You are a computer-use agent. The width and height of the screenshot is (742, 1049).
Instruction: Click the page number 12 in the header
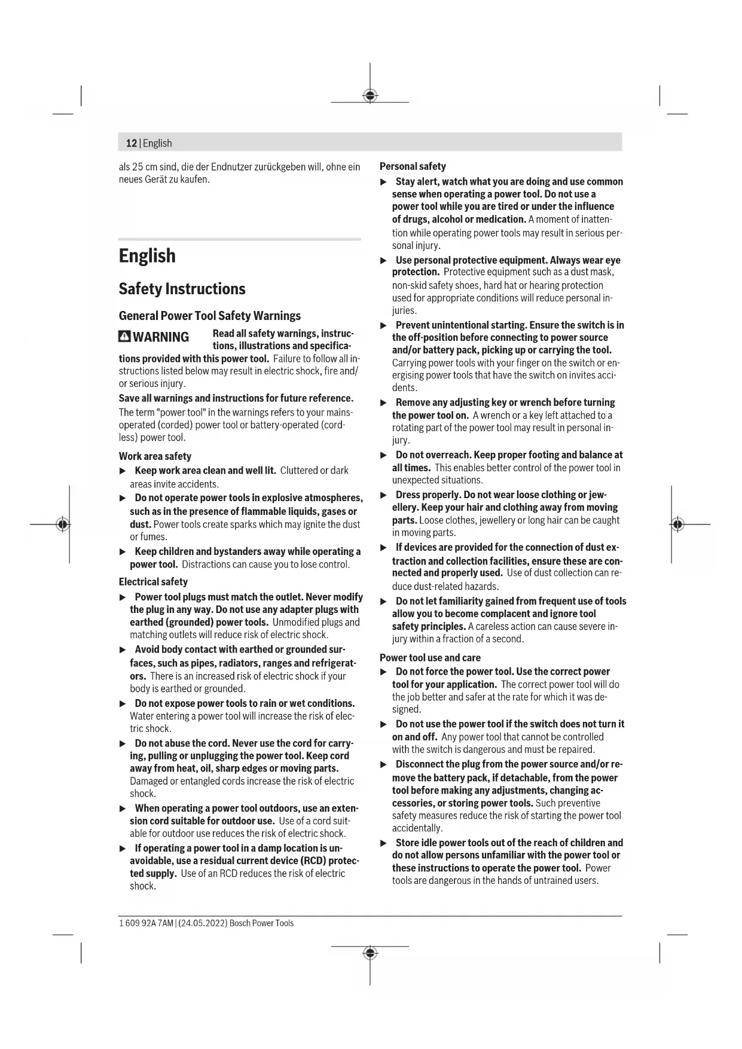point(131,144)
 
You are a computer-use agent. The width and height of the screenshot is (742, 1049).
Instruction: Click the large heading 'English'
point(147,256)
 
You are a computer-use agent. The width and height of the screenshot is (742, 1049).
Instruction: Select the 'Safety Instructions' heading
point(182,289)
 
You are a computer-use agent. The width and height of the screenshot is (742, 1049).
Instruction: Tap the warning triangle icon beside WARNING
point(124,337)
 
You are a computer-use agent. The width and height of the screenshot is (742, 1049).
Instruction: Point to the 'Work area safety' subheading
point(155,456)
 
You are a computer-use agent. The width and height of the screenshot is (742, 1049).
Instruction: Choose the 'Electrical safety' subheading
point(153,582)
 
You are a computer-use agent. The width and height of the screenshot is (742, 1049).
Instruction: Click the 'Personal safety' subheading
point(413,166)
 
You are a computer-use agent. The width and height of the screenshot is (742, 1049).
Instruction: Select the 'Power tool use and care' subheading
point(430,658)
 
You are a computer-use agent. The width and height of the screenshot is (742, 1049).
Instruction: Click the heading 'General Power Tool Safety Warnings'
point(210,316)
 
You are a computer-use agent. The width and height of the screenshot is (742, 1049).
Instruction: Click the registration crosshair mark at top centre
point(370,96)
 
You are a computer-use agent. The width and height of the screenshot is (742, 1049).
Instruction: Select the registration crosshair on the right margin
point(677,524)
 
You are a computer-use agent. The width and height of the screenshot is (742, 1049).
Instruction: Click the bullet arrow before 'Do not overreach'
point(384,455)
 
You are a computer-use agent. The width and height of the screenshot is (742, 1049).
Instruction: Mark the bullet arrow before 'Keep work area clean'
point(123,471)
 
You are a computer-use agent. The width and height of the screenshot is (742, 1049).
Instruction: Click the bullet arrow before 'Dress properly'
point(384,495)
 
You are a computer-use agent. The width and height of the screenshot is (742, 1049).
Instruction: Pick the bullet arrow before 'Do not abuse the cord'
point(123,743)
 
